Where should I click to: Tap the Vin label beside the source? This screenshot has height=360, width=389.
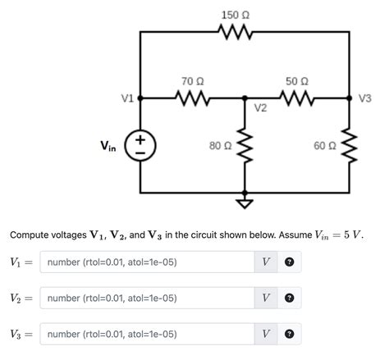108,147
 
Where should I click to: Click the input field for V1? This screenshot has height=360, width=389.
146,262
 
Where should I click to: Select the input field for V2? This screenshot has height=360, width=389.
146,298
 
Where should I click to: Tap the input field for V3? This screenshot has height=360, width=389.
146,334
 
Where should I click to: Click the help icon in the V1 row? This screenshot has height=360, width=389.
289,262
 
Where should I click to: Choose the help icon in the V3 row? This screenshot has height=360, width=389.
289,334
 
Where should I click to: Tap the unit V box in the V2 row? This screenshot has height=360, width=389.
266,298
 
